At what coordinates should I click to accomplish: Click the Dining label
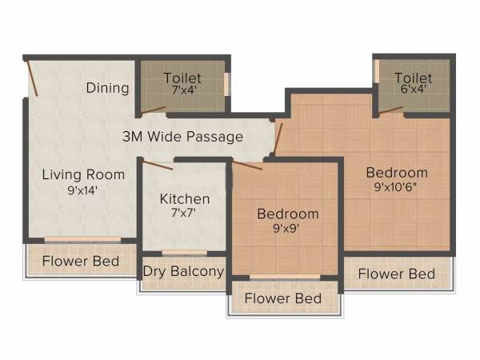pos(107,87)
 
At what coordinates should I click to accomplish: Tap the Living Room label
pos(83,174)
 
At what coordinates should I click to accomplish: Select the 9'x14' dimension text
pos(83,191)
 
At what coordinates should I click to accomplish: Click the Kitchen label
pos(185,198)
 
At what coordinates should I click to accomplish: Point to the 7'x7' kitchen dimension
pos(185,214)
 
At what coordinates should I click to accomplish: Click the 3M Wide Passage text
pos(182,137)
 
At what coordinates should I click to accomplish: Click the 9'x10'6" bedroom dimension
pos(397,189)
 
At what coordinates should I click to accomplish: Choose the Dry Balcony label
pos(183,271)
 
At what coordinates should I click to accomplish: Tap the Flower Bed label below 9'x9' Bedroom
pos(283,298)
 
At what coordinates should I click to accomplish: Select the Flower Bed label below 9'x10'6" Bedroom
pos(397,274)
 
